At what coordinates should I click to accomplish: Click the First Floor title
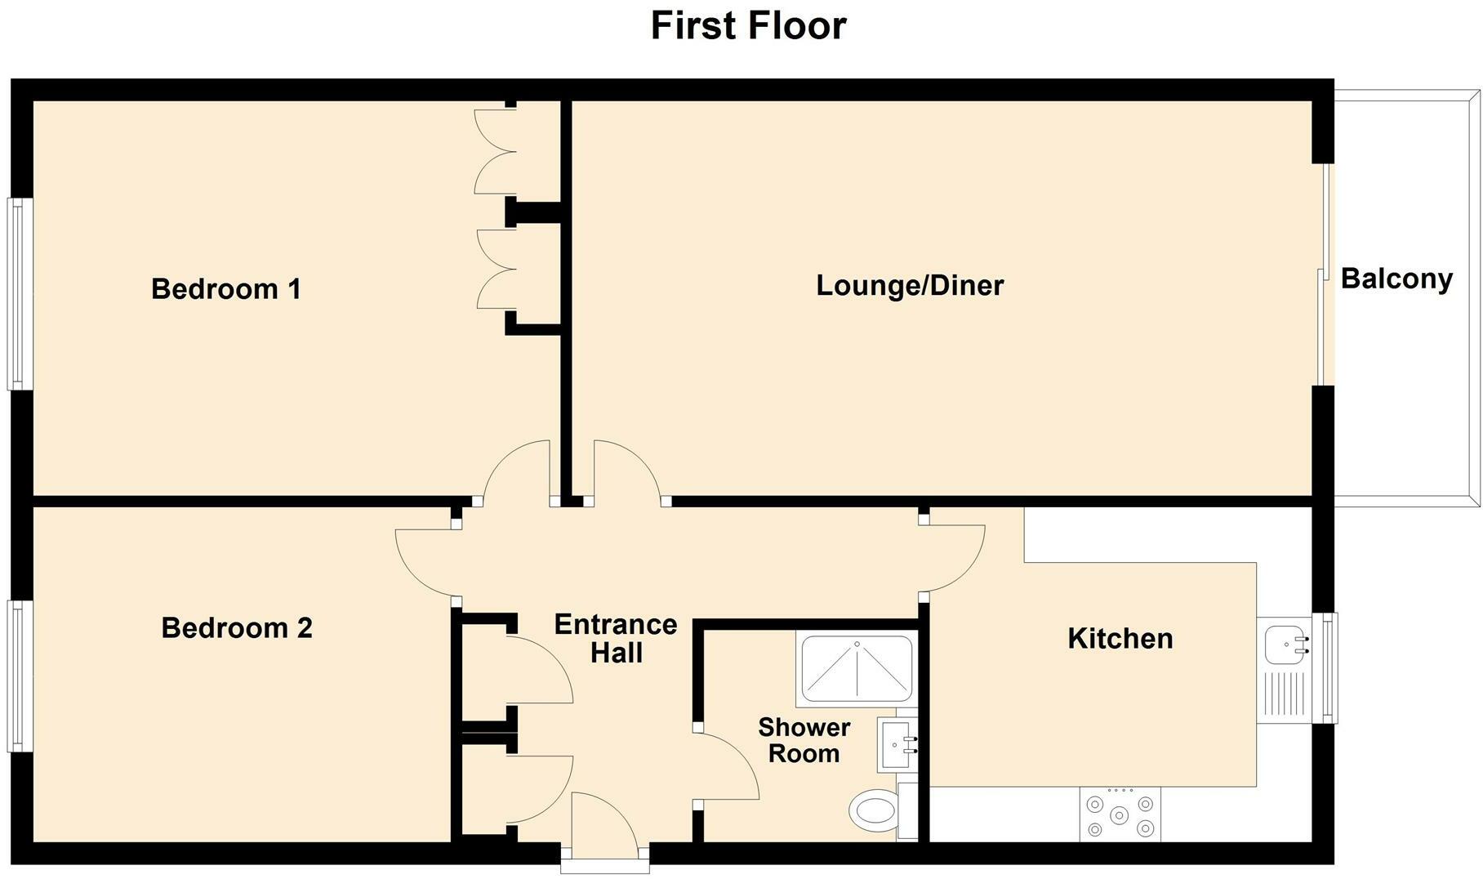[x=748, y=25]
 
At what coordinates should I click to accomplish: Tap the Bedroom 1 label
[x=226, y=288]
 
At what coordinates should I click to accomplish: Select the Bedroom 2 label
[x=237, y=627]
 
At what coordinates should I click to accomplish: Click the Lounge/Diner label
[x=910, y=285]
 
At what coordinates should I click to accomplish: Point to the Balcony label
[x=1396, y=279]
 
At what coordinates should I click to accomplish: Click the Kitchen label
[x=1120, y=638]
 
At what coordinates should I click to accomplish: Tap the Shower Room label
[x=804, y=740]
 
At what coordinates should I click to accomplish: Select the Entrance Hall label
[x=616, y=638]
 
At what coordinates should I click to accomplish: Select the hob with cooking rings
[x=1120, y=814]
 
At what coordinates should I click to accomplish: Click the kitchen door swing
[x=955, y=559]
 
